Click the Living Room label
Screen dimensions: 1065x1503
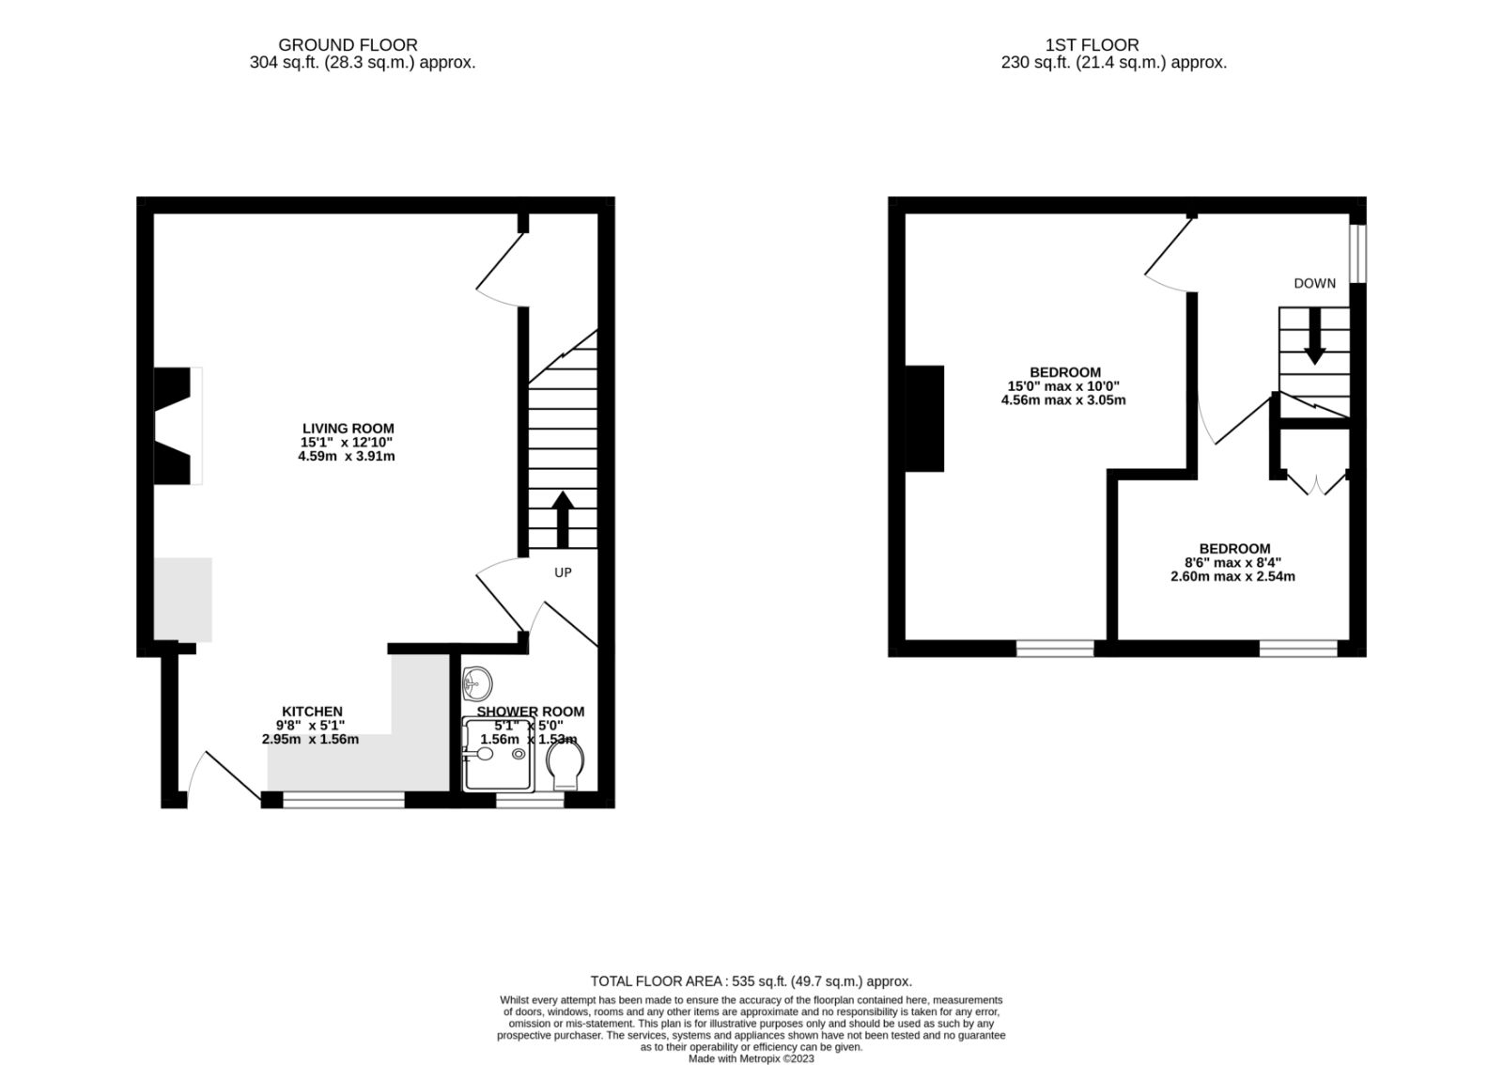click(x=348, y=429)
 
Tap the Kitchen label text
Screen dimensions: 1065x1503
click(x=312, y=712)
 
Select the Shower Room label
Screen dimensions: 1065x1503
click(x=530, y=712)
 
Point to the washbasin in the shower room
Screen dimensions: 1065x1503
click(x=479, y=680)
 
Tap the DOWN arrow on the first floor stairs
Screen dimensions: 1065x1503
click(x=1313, y=337)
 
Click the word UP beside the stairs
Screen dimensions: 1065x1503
click(x=563, y=572)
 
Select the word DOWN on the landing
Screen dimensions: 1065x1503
click(x=1314, y=283)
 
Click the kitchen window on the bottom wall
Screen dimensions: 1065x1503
click(x=343, y=800)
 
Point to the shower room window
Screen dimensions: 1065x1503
click(x=530, y=800)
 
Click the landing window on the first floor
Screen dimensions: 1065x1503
click(x=1357, y=252)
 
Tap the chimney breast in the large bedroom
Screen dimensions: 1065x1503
click(x=924, y=418)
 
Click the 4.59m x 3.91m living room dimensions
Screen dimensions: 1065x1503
click(x=348, y=457)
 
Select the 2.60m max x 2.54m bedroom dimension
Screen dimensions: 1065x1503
click(x=1232, y=576)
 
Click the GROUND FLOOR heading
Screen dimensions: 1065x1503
click(x=348, y=44)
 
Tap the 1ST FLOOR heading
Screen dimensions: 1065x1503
click(x=1092, y=44)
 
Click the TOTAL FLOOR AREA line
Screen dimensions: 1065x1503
click(x=751, y=980)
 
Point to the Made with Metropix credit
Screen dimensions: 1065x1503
click(x=751, y=1057)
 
